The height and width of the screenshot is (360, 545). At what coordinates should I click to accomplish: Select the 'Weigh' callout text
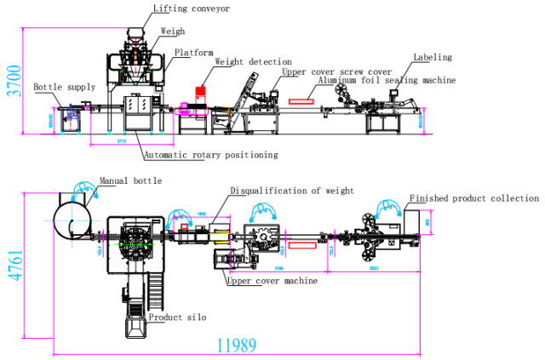173,31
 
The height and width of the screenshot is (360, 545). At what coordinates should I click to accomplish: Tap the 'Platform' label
194,53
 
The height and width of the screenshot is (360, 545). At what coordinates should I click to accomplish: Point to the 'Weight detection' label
253,62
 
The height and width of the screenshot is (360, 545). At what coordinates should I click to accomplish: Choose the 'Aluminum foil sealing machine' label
387,81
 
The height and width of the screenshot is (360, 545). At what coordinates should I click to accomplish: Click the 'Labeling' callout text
433,58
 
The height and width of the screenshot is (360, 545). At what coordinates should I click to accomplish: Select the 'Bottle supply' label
65,88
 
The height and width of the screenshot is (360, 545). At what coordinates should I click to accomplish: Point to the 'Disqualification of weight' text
292,191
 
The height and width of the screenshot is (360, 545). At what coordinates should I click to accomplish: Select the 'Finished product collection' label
474,198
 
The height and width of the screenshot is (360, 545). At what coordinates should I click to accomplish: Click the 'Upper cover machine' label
272,280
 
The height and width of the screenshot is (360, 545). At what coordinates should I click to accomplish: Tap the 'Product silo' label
177,317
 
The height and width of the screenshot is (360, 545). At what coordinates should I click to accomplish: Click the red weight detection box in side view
201,92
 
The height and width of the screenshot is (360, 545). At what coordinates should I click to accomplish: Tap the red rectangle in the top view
302,245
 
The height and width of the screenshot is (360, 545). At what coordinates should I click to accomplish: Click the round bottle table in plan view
72,218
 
